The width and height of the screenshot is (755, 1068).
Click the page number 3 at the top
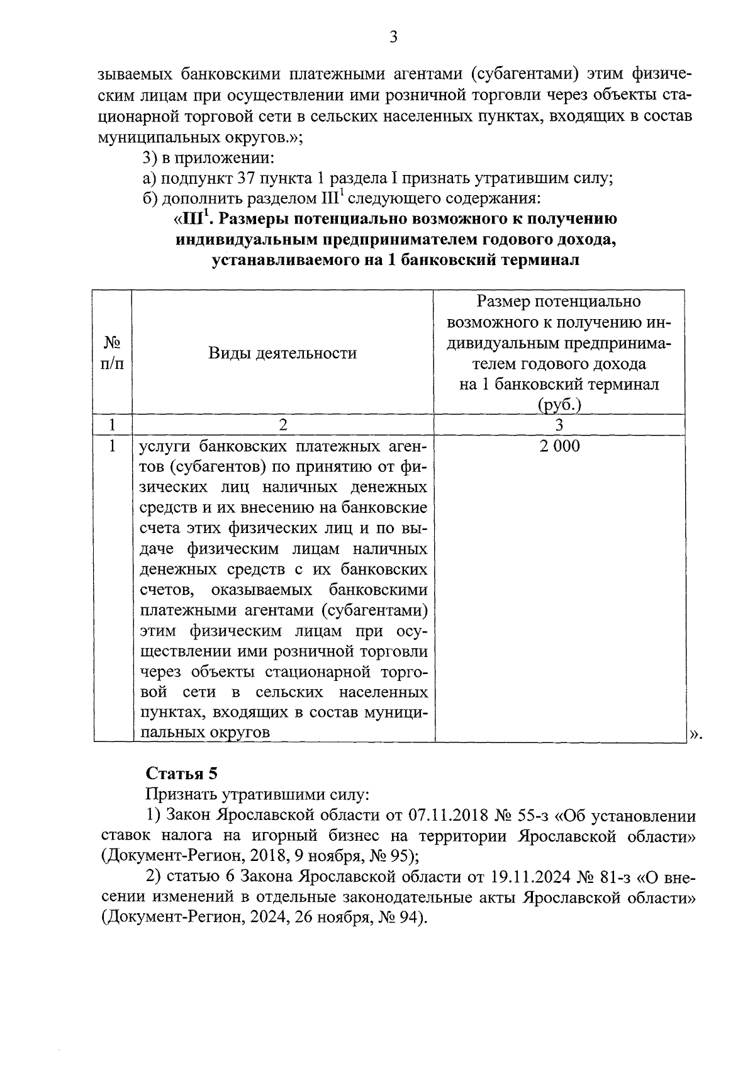393,37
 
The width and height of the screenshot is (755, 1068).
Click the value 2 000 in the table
559,446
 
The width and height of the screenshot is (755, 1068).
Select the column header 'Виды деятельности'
282,353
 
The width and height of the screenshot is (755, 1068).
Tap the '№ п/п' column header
112,353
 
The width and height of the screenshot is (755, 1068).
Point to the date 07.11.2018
449,816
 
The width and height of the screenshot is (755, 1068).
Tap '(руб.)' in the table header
559,405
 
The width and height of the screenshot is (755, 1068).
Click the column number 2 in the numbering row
282,425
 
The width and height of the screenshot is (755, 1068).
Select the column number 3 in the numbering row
559,425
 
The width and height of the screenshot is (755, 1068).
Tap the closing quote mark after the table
695,733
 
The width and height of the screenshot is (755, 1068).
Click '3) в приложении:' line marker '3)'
150,158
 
